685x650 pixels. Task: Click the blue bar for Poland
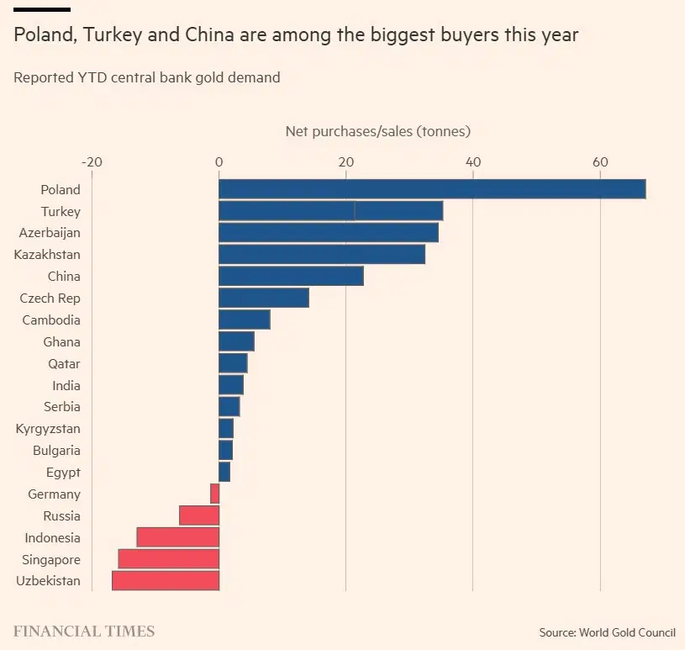coord(432,189)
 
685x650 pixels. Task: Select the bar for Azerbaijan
coord(329,233)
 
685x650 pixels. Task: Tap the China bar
coord(291,277)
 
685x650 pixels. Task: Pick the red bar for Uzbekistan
coord(166,581)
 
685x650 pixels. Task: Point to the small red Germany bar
coord(215,494)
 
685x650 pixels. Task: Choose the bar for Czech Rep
coord(264,299)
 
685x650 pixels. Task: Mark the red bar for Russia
coord(199,515)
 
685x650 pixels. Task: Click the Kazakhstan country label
coord(47,255)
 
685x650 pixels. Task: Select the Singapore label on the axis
coord(51,560)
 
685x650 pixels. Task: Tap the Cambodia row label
coord(51,320)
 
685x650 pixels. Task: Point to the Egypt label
coord(63,473)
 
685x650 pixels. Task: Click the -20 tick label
coord(92,162)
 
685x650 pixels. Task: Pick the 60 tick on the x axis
coord(600,162)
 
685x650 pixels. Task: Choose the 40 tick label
coord(473,162)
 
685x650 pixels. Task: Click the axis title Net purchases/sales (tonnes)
coord(377,131)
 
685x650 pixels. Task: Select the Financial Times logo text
coord(84,631)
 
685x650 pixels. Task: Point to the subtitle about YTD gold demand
coord(147,77)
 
